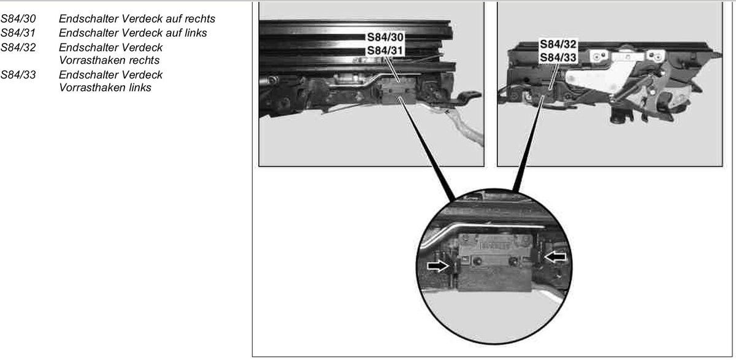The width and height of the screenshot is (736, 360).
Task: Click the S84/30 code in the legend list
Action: click(18, 19)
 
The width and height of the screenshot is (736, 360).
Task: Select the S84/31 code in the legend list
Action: click(18, 33)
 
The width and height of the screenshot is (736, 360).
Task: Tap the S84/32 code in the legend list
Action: click(18, 47)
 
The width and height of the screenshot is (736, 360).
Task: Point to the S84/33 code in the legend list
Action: click(18, 75)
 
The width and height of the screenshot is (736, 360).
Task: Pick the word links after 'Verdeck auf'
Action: click(196, 33)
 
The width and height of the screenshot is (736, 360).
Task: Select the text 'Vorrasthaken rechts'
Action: click(109, 61)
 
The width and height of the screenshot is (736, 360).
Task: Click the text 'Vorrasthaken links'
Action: click(105, 88)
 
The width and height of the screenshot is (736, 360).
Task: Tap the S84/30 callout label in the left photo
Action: click(385, 37)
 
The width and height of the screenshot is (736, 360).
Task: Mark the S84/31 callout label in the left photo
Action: click(385, 50)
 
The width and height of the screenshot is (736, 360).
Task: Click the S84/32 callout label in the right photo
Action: click(558, 44)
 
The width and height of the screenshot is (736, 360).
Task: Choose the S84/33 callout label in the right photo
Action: click(558, 58)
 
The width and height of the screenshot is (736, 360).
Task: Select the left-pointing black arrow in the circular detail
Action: click(555, 256)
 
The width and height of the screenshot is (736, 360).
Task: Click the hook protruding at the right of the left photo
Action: click(468, 97)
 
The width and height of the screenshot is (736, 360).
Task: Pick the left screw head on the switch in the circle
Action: click(478, 262)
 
